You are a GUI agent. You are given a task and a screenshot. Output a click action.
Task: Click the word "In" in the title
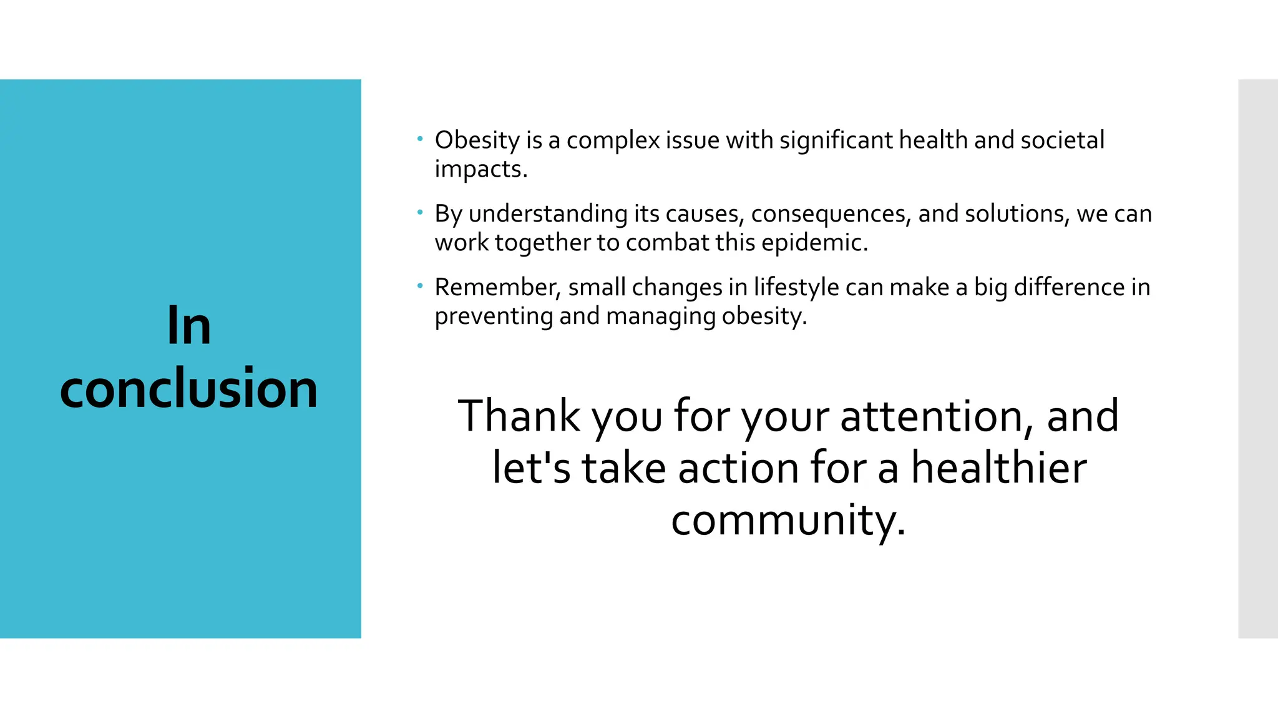(189, 326)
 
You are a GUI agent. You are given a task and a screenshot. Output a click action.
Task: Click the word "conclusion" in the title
(189, 388)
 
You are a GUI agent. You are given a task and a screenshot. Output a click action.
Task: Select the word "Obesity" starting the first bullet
(477, 140)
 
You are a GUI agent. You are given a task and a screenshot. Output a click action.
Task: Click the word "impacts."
(481, 170)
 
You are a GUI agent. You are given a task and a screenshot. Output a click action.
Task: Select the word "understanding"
(548, 214)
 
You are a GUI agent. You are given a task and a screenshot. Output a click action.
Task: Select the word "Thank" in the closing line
(519, 416)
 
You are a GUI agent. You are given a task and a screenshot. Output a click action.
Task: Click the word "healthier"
(998, 468)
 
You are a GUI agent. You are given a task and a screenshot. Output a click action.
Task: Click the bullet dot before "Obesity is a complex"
(421, 139)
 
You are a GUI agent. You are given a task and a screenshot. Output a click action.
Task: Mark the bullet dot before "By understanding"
(421, 212)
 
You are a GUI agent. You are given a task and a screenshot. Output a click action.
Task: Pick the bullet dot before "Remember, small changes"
(421, 286)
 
